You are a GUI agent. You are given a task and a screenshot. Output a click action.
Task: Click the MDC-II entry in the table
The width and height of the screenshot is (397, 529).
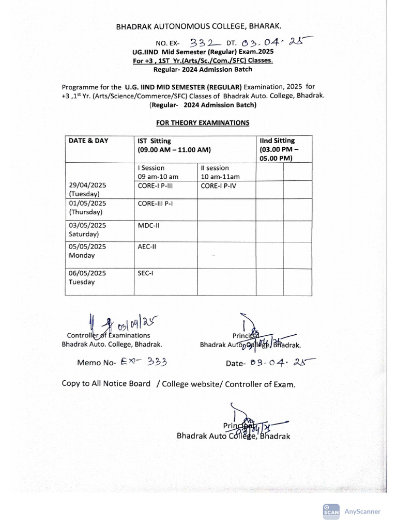[x=148, y=225]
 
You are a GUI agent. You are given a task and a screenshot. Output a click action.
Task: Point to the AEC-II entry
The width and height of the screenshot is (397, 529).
[x=147, y=247]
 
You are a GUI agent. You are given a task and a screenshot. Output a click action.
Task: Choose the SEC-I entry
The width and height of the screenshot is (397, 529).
[x=146, y=273]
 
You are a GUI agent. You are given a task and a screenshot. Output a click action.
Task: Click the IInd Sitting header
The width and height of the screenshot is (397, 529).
[x=277, y=141]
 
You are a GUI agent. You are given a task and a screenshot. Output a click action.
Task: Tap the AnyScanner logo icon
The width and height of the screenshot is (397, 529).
[x=331, y=511]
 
